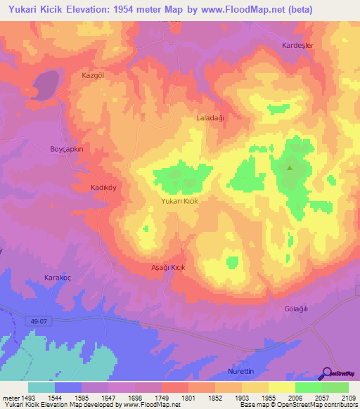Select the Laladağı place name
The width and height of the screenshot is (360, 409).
[x=210, y=118]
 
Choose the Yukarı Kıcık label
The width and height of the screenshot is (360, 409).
[x=180, y=202]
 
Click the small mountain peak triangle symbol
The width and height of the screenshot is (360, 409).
[x=290, y=167]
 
